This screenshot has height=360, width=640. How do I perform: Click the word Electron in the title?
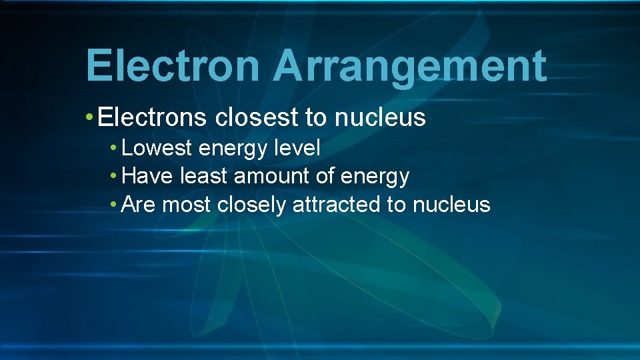[172, 67]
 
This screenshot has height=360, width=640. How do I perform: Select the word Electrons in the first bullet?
[153, 118]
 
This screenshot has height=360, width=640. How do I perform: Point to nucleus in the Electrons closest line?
[379, 118]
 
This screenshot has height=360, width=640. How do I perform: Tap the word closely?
[252, 205]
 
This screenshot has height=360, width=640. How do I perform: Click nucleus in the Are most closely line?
[451, 205]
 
